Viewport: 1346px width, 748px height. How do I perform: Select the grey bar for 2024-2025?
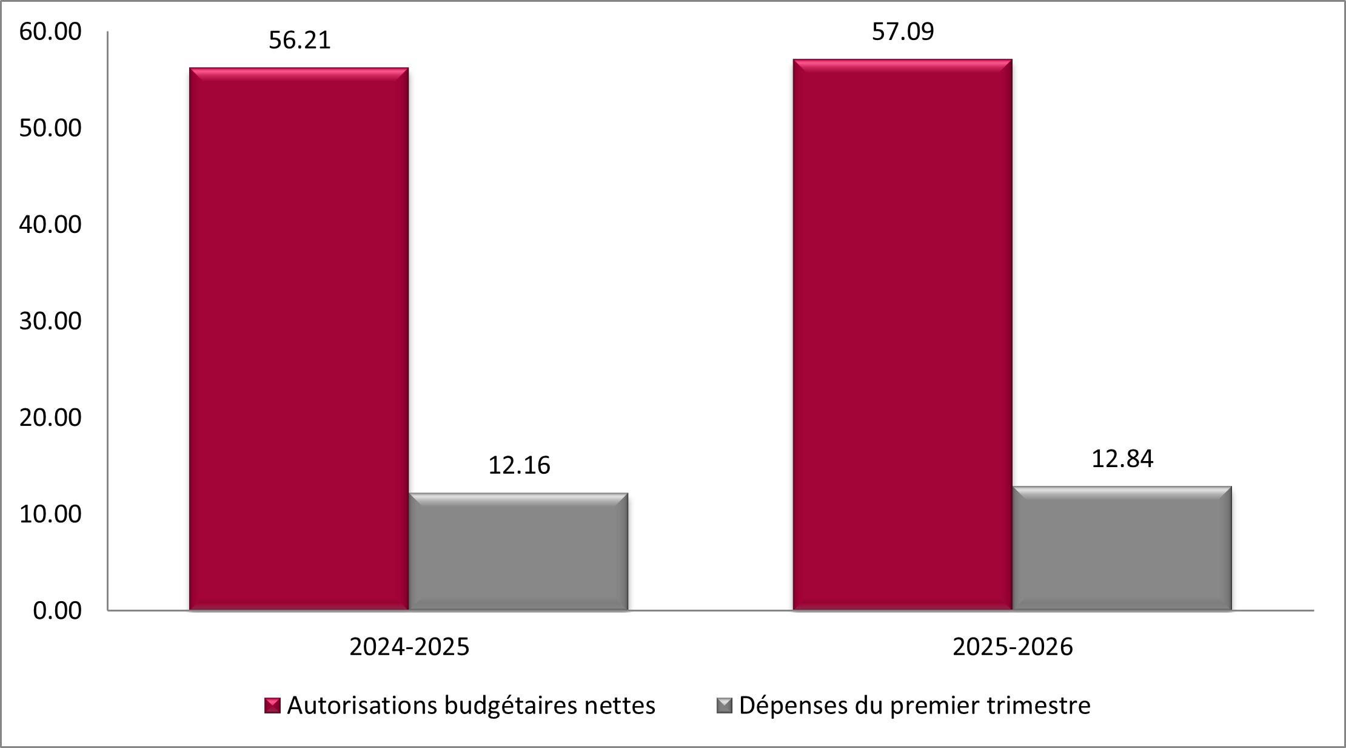(518, 551)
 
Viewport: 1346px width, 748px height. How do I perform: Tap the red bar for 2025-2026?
(903, 334)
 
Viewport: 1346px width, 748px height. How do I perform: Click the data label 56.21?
(300, 41)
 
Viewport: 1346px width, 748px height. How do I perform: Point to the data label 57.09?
(903, 32)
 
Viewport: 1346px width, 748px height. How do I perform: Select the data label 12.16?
(519, 465)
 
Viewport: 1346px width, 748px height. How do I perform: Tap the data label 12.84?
(1122, 459)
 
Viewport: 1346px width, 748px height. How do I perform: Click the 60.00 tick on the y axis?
(50, 32)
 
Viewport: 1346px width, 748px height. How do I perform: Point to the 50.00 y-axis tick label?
(50, 128)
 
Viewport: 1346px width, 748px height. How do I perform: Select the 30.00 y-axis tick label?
(50, 321)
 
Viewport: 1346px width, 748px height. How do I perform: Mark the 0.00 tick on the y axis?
(57, 610)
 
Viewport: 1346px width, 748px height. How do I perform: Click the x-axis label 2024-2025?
(409, 647)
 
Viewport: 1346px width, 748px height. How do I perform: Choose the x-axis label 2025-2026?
(1013, 647)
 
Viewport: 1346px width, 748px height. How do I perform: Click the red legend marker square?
(272, 706)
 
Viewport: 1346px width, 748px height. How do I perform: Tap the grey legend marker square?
(725, 706)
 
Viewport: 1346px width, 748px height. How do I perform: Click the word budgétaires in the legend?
(511, 706)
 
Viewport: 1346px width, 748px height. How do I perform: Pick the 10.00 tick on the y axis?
(50, 514)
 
